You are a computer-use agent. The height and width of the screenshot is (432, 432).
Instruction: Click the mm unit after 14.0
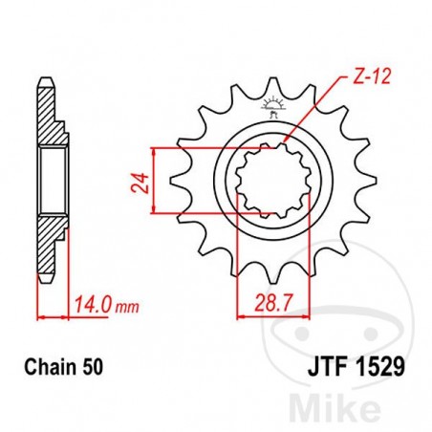[124, 307]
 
